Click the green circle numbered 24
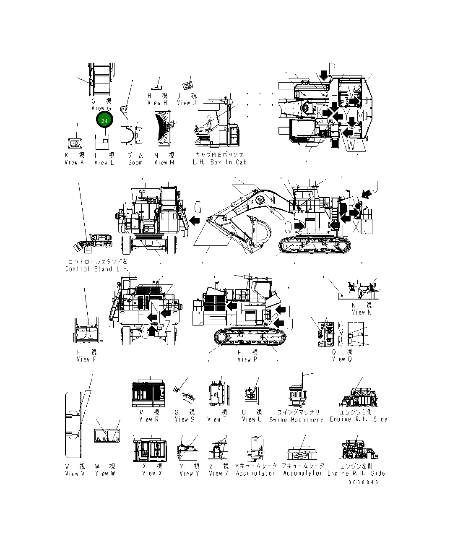(104, 121)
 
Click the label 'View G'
(101, 109)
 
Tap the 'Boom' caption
(135, 163)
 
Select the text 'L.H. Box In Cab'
(219, 162)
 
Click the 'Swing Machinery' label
(296, 419)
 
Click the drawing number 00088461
(365, 482)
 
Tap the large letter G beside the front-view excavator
(199, 208)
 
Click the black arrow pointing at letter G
(194, 220)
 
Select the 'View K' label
(74, 163)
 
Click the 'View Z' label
(218, 474)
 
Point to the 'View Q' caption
(342, 359)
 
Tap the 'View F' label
(86, 359)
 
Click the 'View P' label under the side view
(247, 359)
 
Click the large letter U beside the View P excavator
(290, 324)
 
